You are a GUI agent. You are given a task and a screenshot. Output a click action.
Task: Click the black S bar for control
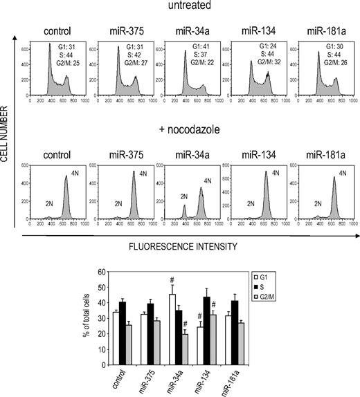[122, 332]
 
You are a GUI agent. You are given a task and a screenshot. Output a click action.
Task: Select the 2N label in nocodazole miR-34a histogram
[183, 196]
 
